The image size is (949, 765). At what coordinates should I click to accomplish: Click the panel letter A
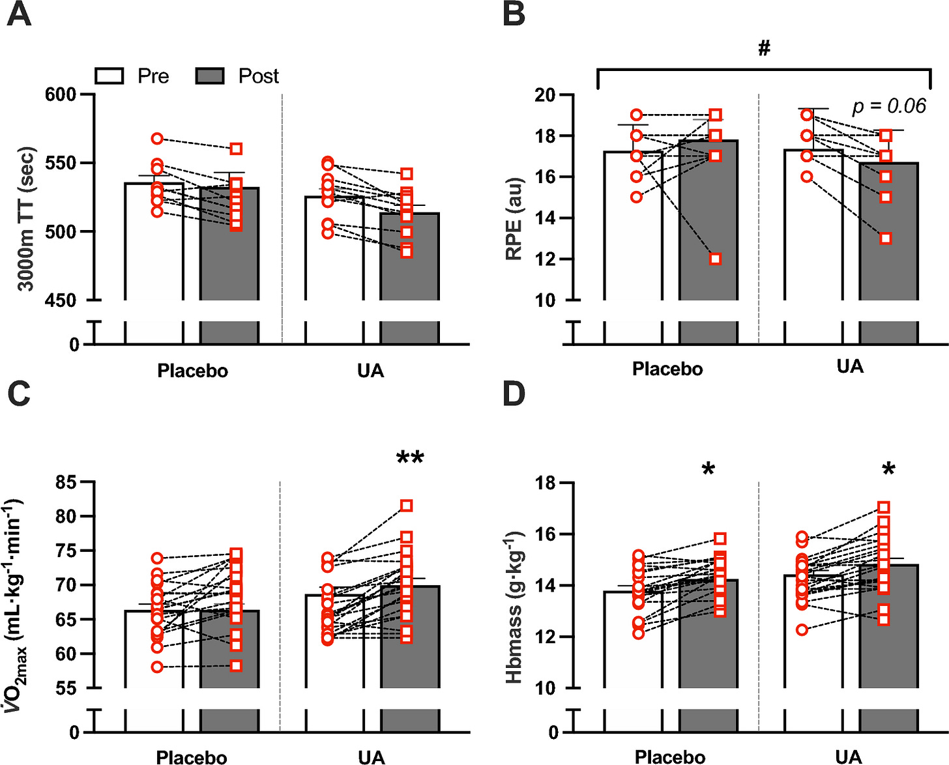(19, 14)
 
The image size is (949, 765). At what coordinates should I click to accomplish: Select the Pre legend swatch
(109, 76)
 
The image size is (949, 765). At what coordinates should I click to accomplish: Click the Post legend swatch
(210, 76)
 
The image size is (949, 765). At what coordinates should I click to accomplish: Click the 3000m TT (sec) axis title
(25, 219)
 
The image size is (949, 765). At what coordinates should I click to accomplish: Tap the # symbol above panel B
(764, 48)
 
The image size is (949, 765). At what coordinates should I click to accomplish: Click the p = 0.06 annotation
(889, 106)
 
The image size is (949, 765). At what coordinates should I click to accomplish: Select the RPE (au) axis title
(514, 219)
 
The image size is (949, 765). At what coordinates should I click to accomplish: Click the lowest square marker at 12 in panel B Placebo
(715, 259)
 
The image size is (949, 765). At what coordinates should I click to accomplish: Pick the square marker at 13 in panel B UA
(886, 238)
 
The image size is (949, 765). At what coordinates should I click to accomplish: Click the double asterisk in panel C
(410, 458)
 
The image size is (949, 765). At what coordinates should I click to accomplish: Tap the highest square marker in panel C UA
(406, 506)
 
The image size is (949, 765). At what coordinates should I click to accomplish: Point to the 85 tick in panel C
(65, 483)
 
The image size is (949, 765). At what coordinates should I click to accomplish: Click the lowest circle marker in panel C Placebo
(157, 667)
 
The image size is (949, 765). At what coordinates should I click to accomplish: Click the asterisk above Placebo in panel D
(708, 470)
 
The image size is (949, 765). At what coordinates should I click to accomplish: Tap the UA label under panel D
(848, 757)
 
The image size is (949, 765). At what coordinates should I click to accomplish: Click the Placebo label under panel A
(192, 371)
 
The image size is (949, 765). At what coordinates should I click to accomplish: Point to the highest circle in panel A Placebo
(157, 139)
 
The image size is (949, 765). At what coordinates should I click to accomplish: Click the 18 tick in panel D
(544, 483)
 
